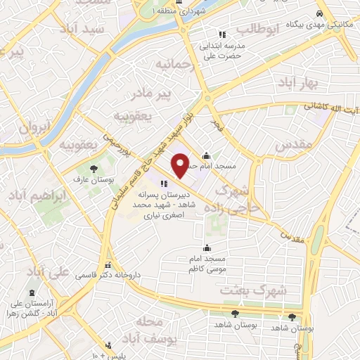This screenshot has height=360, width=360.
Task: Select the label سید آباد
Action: pyautogui.click(x=103, y=29)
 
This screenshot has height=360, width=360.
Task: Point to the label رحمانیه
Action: pyautogui.click(x=174, y=65)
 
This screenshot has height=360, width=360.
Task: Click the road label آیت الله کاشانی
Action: pyautogui.click(x=330, y=108)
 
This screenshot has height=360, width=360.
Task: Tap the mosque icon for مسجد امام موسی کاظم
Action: pyautogui.click(x=206, y=247)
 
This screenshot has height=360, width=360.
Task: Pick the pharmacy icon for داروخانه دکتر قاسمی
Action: pyautogui.click(x=108, y=266)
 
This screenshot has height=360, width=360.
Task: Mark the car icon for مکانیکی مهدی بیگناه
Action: pyautogui.click(x=319, y=14)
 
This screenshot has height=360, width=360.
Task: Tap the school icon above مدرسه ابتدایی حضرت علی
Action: pyautogui.click(x=222, y=34)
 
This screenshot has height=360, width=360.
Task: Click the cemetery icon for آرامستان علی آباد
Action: pyautogui.click(x=32, y=293)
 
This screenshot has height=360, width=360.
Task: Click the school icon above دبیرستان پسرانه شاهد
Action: pyautogui.click(x=164, y=184)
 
